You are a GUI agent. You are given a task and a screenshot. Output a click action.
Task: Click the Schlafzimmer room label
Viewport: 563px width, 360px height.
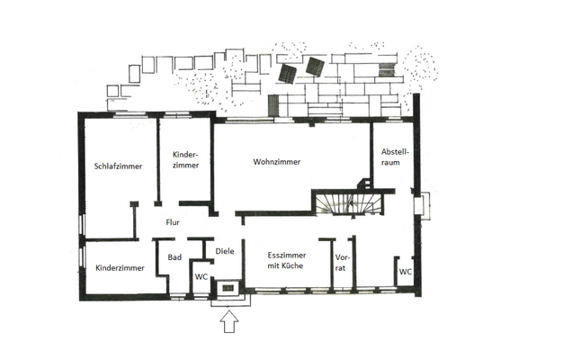pos(118,166)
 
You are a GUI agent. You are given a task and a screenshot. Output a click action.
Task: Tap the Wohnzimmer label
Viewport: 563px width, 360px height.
pos(276,162)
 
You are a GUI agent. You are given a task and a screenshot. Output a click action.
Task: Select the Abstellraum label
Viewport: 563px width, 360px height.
pos(395,157)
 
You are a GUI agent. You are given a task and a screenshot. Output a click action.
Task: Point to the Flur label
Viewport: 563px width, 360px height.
pos(173,222)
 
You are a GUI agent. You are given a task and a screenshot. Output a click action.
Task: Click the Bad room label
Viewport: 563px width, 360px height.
pos(174,257)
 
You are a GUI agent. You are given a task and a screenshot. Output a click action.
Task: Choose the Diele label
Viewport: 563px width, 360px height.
pos(225,251)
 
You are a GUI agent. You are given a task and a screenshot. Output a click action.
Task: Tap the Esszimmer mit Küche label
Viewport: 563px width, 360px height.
pos(287,260)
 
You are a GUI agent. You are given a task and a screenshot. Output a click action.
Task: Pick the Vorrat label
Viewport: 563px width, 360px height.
pos(342,263)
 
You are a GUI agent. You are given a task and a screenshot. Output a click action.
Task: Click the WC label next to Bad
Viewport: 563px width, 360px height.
pos(201,277)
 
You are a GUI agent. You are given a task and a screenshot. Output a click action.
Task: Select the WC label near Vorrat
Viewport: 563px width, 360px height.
pos(406,272)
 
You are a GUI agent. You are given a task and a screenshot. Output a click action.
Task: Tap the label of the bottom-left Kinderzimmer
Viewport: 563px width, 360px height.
pos(120,268)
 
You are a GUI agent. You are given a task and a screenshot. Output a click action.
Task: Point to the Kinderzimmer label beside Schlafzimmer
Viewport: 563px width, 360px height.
pos(185,160)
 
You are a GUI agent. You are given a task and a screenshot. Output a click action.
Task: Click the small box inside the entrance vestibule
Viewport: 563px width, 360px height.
pos(228,288)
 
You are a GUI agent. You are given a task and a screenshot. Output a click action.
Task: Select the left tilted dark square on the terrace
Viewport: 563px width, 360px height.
pos(287,74)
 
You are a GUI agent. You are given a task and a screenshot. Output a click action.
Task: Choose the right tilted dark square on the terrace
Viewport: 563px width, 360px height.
pos(316,67)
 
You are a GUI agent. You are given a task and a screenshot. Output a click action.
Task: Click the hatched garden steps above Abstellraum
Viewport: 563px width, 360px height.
pos(387,69)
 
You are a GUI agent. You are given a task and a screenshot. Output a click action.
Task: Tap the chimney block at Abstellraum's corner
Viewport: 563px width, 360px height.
pos(365,184)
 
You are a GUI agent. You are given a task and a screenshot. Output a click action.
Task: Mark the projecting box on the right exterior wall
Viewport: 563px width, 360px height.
pos(422,206)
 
